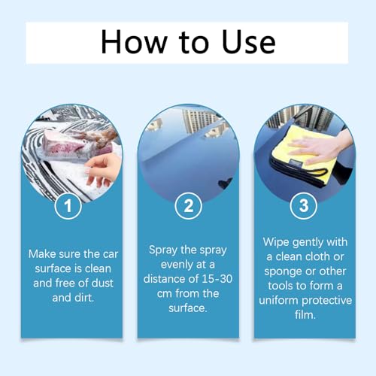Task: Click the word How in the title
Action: pos(134,42)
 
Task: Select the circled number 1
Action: pos(68,206)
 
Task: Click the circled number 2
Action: pos(188,206)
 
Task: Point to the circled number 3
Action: pos(304,206)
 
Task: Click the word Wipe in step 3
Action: pos(276,242)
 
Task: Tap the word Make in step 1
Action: pos(41,254)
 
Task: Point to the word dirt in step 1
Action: pos(84,298)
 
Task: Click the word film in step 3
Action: pos(305,315)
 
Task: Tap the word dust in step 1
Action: pos(102,284)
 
